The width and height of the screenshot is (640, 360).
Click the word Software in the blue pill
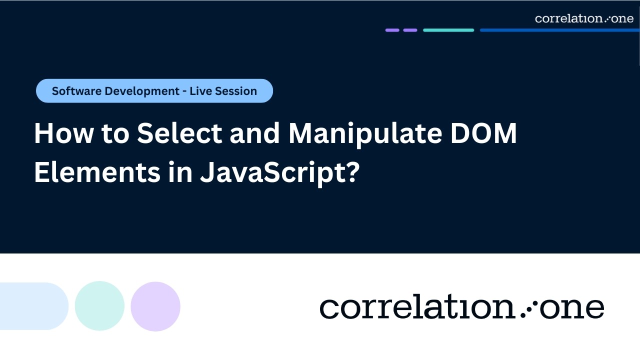(x=73, y=91)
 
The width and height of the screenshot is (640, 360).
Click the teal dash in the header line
(x=448, y=30)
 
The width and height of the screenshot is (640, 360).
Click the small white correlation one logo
(x=584, y=18)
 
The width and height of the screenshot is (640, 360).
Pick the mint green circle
(x=99, y=306)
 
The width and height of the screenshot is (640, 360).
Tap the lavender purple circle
(x=155, y=306)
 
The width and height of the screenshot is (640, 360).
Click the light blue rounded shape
(x=33, y=306)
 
